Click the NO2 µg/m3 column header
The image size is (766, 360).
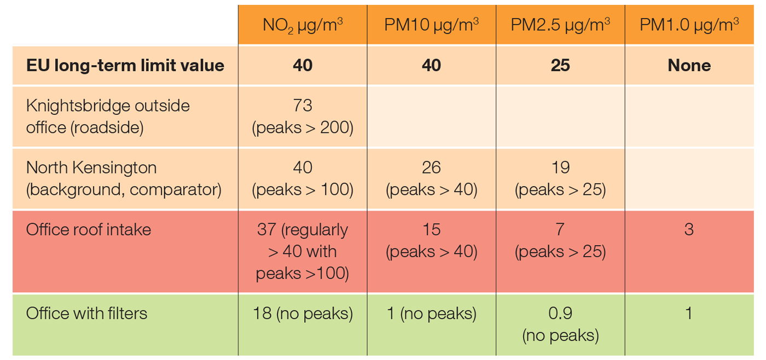(303, 25)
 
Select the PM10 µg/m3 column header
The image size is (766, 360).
(432, 25)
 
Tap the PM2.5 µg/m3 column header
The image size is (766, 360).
(560, 25)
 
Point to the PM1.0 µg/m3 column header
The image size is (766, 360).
(689, 25)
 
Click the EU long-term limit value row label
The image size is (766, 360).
(125, 66)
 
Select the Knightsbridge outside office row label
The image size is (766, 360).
(108, 116)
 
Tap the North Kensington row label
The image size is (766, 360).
(124, 178)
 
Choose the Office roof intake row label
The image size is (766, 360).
(89, 229)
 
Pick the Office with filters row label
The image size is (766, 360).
(87, 313)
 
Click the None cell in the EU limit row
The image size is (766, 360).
(689, 66)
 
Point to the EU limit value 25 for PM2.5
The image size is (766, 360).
(560, 66)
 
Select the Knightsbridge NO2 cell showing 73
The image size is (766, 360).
(303, 116)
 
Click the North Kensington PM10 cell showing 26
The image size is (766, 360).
(432, 178)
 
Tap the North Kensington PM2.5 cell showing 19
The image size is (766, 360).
(560, 178)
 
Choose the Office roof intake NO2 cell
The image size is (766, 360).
(303, 251)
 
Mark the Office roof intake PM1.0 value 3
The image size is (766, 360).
(689, 229)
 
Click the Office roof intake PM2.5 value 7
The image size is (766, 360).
(560, 230)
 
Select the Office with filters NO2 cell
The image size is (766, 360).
(303, 313)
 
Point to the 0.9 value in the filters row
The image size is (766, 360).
(560, 313)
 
